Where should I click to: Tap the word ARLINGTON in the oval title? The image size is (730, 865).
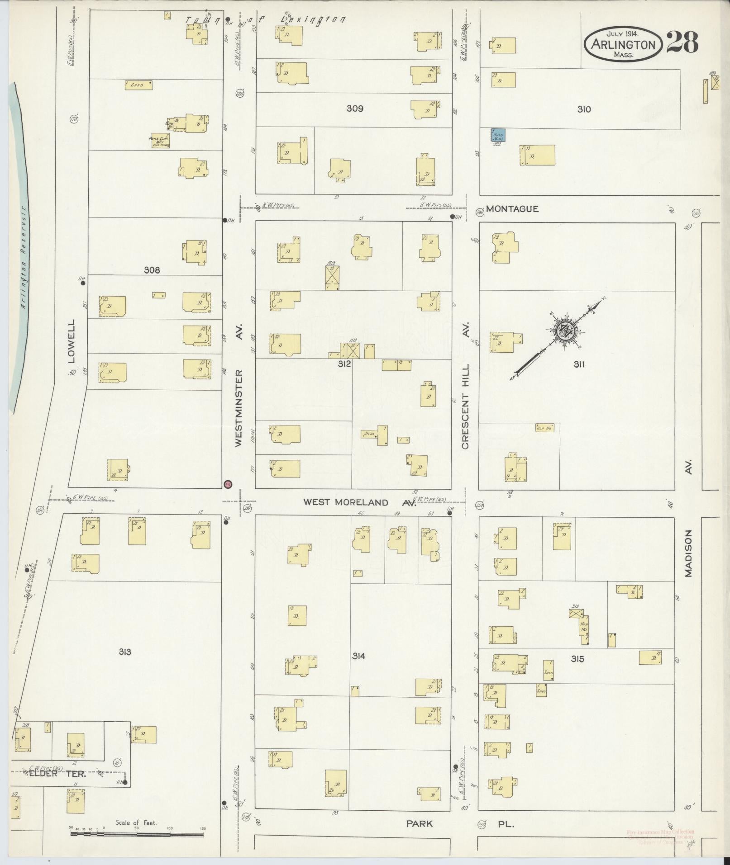[x=624, y=45]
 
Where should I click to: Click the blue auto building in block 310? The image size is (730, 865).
[x=498, y=135]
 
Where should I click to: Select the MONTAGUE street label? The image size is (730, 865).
[x=513, y=209]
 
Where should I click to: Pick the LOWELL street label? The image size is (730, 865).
[x=71, y=342]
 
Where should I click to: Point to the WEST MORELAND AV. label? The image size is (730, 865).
[x=359, y=502]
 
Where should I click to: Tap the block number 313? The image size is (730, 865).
[x=125, y=652]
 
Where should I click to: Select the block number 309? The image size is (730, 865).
[x=355, y=109]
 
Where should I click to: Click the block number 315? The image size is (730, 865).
[x=577, y=659]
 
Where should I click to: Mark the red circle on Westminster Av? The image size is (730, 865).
[x=228, y=484]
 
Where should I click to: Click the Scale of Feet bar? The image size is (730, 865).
[x=137, y=834]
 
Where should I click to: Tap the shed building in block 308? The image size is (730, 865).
[x=138, y=85]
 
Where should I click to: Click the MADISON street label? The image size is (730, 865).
[x=688, y=553]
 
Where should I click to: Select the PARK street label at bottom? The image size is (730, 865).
[x=419, y=824]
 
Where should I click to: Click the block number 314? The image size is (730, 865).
[x=359, y=656]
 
